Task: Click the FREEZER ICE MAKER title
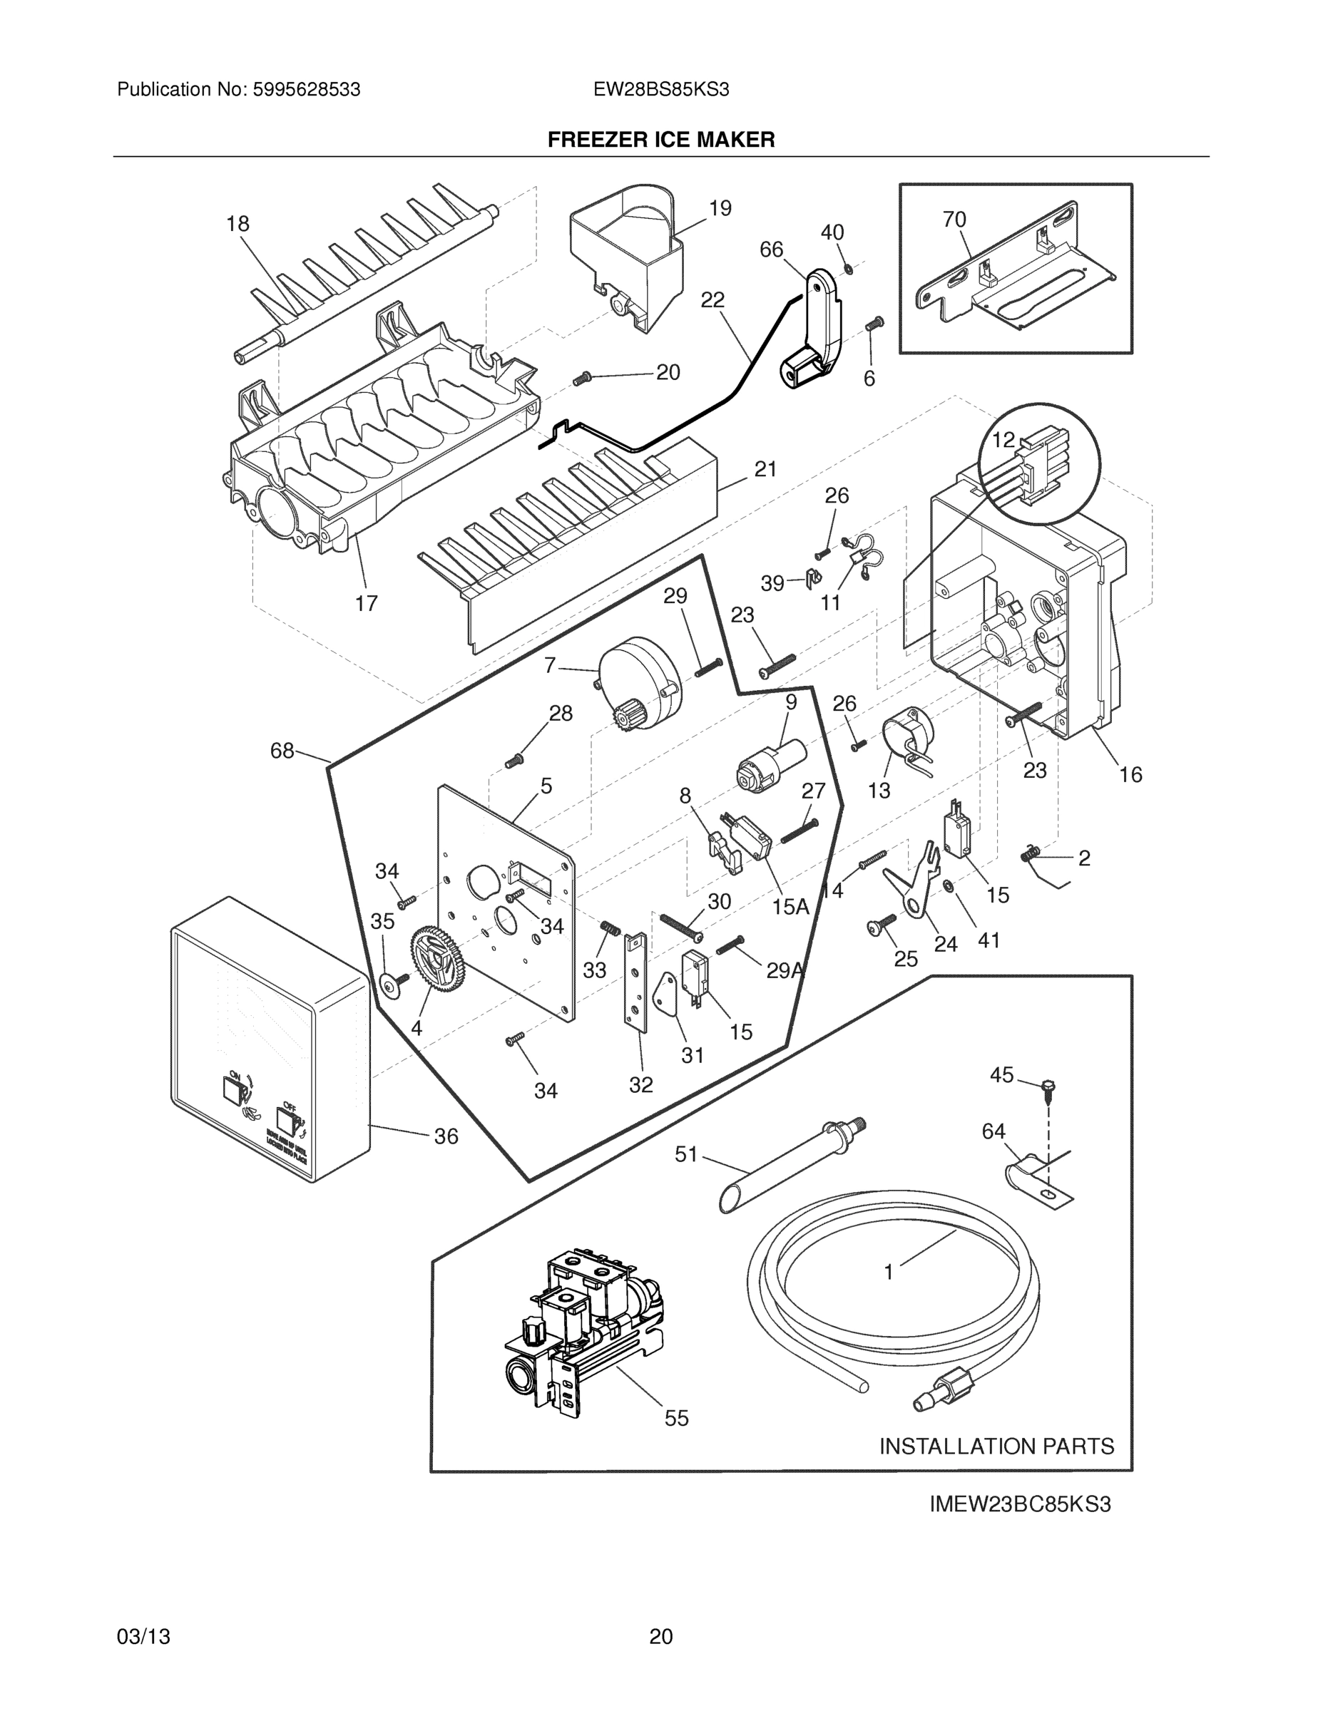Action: click(x=660, y=140)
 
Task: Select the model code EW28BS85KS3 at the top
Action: click(x=660, y=90)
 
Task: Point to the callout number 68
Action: click(x=282, y=751)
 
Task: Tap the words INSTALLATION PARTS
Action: click(x=996, y=1447)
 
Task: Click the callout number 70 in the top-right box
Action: click(x=954, y=220)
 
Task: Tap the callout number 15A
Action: click(x=790, y=908)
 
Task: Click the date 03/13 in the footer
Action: click(x=143, y=1636)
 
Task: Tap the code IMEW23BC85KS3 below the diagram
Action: click(x=1020, y=1504)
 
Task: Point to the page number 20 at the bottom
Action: click(x=660, y=1636)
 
